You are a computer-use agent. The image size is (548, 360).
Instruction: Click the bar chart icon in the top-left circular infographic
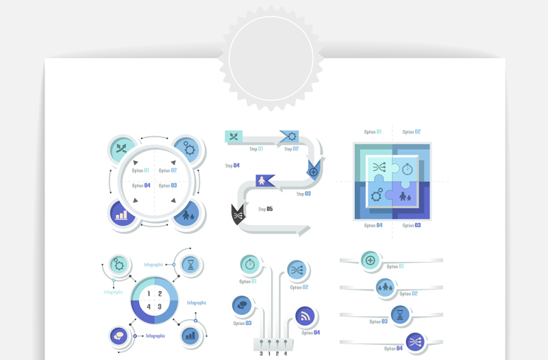[122, 215]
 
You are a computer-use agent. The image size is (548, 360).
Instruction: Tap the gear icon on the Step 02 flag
[292, 137]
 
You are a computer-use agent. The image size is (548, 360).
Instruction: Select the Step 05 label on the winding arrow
[266, 209]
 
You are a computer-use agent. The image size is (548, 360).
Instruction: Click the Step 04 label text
[232, 166]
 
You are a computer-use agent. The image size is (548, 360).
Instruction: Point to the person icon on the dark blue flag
[262, 181]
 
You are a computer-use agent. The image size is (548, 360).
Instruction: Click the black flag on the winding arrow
[237, 214]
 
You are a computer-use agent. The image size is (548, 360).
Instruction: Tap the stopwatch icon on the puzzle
[408, 168]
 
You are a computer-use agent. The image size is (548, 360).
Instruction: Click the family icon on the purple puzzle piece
[406, 198]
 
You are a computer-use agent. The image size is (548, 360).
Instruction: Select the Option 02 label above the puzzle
[412, 132]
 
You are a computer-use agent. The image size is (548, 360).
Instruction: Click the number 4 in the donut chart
[149, 306]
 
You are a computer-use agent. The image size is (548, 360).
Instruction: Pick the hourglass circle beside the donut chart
[192, 263]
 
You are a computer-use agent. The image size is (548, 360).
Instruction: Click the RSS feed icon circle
[306, 317]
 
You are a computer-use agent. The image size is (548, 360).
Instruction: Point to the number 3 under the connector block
[261, 353]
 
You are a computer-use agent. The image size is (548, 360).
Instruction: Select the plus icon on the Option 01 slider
[371, 260]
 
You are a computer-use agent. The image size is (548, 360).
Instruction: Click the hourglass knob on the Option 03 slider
[400, 315]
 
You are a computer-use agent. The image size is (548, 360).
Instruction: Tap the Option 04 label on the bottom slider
[393, 348]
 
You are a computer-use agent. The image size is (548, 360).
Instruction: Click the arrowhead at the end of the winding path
[303, 231]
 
